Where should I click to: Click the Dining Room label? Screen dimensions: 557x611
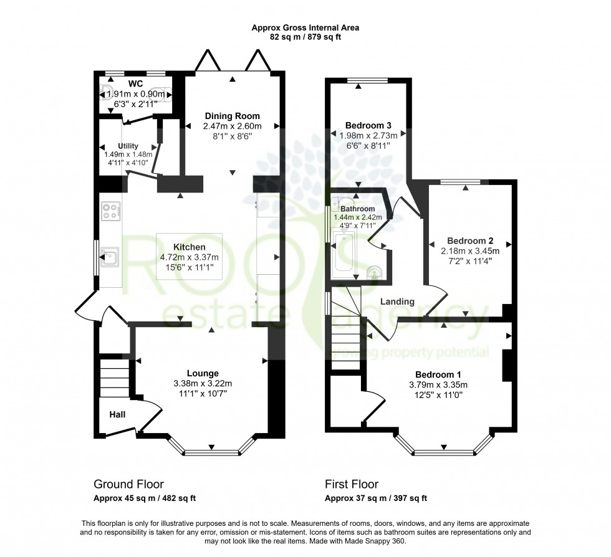point(232,116)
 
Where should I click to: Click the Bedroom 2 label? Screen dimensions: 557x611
point(466,240)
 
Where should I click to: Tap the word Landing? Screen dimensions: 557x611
point(397,302)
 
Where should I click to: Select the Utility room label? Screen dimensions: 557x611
point(127,145)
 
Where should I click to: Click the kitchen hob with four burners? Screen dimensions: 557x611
point(111,211)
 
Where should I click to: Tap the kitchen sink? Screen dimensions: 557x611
point(111,256)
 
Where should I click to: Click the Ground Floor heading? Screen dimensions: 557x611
point(128,484)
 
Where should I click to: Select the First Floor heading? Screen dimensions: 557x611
point(351,484)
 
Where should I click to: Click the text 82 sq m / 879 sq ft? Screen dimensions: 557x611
point(305,37)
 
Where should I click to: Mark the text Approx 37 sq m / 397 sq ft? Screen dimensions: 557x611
point(375,498)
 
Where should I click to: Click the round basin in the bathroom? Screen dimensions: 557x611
point(373,273)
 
